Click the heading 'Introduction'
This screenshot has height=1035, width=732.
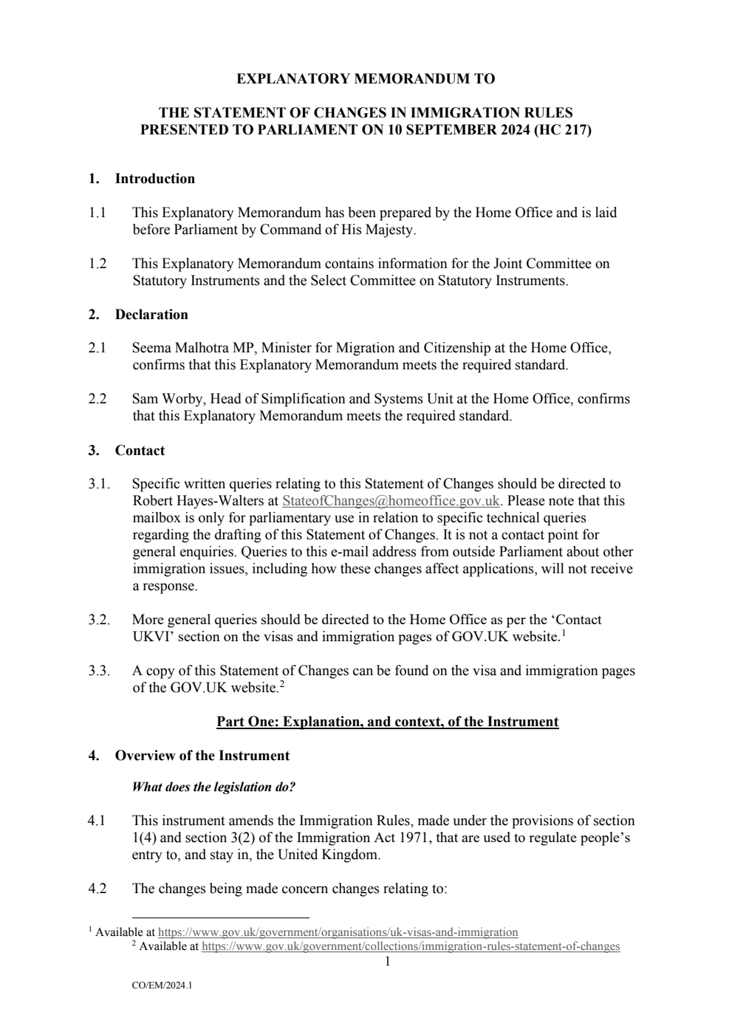tap(154, 179)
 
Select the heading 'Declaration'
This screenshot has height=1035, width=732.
tap(151, 315)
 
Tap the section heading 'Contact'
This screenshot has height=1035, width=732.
tap(140, 451)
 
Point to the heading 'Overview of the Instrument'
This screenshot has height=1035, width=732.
tap(202, 756)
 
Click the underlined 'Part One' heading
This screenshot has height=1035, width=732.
tap(387, 722)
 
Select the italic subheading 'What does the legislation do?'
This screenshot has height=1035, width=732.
tap(213, 788)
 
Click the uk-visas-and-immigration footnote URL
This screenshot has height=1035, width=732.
tap(338, 932)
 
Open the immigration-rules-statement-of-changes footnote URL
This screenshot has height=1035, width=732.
tap(410, 946)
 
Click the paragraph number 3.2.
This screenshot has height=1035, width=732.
tap(99, 620)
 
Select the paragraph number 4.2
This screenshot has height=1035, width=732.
tap(97, 889)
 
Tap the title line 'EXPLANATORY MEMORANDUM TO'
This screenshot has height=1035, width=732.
tap(366, 79)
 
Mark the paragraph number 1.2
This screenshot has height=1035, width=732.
tap(97, 264)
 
